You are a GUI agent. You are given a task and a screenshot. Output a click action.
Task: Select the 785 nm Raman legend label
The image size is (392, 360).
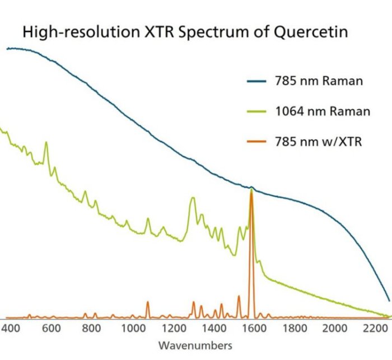tap(319, 81)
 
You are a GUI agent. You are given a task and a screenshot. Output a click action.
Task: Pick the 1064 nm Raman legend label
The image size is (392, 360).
tap(322, 111)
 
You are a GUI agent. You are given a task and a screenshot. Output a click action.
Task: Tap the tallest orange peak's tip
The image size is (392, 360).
tap(251, 191)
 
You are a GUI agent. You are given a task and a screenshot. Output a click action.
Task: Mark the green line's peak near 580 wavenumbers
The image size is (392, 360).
tap(46, 142)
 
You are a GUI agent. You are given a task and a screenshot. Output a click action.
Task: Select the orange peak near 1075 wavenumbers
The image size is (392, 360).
tap(148, 302)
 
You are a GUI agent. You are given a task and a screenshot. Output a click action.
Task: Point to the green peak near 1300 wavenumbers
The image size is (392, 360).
tap(193, 198)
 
